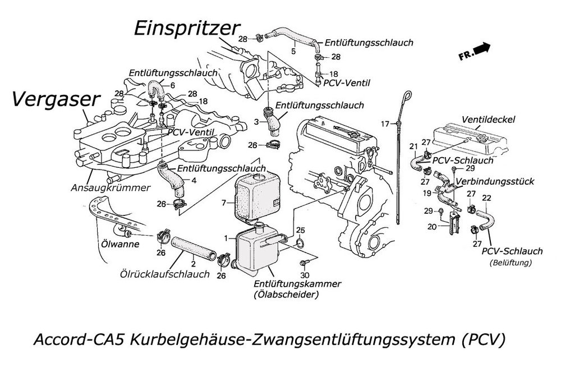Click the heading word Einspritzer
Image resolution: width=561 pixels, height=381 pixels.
click(187, 29)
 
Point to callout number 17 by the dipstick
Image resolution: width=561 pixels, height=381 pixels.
click(385, 123)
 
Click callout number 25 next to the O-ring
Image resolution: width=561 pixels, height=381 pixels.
click(300, 231)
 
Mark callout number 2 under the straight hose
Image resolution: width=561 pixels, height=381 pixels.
click(192, 263)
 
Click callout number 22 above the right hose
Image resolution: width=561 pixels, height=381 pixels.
click(486, 198)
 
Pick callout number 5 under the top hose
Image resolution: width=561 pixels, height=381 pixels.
click(293, 52)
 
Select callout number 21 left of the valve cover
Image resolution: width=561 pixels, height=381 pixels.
click(412, 147)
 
